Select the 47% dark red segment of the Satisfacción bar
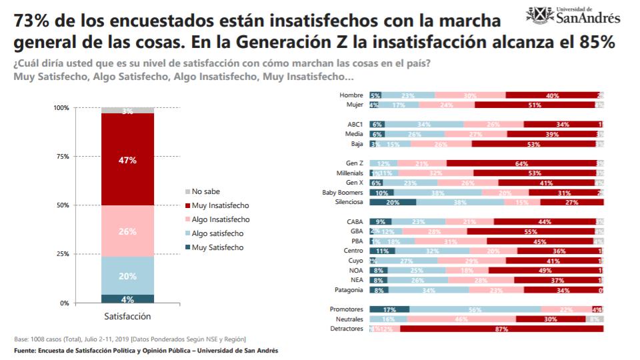(x=128, y=160)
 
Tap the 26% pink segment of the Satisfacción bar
(x=128, y=231)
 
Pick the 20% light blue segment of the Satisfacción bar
(x=128, y=275)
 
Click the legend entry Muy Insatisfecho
(x=216, y=205)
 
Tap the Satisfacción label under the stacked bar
(x=128, y=316)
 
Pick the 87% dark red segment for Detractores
(x=501, y=329)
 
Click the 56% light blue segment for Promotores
(x=475, y=309)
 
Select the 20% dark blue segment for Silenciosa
(x=393, y=202)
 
